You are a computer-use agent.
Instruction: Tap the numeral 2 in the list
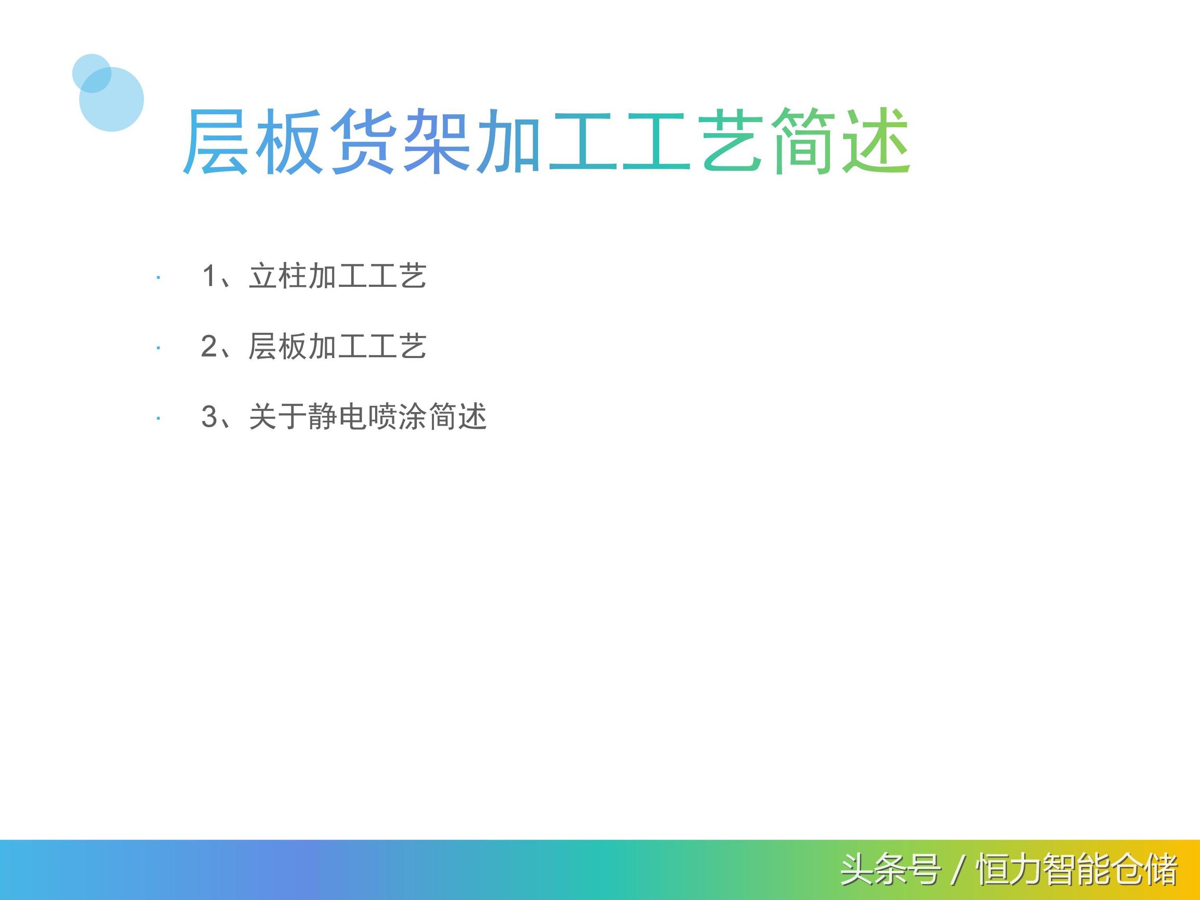point(209,346)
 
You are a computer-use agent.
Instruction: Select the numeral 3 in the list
point(209,416)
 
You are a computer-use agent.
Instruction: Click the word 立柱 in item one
point(278,275)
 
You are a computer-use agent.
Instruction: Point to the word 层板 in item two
point(278,346)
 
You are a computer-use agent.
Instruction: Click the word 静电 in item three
point(337,416)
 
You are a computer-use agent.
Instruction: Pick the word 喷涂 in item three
point(397,416)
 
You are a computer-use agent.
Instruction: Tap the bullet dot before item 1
point(158,278)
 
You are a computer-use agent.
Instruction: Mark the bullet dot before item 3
point(158,418)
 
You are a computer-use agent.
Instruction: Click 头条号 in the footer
point(890,870)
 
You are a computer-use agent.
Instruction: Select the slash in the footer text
point(957,870)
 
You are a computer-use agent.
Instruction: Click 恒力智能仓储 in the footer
point(1077,870)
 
